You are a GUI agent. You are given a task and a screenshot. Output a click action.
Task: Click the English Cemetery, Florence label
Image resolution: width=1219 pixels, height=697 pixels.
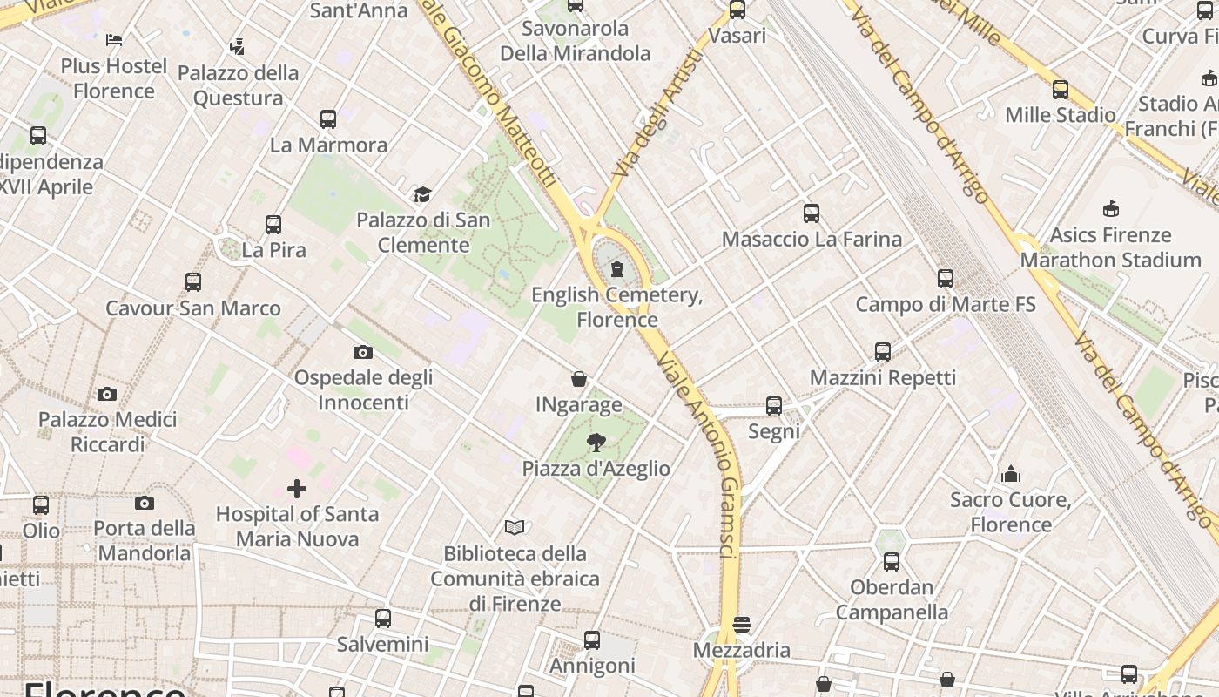[616, 307]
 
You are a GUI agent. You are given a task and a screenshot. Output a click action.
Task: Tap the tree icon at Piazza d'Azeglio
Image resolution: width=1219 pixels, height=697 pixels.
[596, 443]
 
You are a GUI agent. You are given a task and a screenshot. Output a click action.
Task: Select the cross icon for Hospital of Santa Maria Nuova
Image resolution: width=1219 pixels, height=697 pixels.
[297, 489]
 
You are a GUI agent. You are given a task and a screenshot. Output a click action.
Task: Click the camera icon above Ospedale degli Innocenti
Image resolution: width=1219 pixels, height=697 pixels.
[363, 352]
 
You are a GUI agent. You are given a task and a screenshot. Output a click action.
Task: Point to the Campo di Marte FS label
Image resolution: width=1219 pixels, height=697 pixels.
[946, 304]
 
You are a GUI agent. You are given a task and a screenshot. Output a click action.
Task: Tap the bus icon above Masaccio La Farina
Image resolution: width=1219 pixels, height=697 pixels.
[812, 213]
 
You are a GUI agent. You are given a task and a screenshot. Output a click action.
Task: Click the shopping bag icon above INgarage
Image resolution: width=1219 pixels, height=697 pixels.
[579, 379]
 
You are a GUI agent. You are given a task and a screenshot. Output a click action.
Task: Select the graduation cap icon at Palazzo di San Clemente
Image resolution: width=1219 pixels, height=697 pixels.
[422, 194]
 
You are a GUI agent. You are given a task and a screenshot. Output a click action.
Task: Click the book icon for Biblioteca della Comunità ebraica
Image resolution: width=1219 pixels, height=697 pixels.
[515, 527]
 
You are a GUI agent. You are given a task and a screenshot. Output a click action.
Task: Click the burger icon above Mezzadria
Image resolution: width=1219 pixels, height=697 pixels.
[742, 624]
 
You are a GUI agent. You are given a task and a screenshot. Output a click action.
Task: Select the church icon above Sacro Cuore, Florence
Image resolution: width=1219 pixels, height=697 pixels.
[1011, 474]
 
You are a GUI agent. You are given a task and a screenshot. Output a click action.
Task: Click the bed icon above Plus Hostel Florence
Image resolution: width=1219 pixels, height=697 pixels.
[114, 39]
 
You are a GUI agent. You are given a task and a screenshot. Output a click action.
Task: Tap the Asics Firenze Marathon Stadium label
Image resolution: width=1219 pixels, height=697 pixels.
[1110, 247]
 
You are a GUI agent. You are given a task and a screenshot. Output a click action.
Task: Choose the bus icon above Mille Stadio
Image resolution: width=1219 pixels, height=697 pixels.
[1061, 89]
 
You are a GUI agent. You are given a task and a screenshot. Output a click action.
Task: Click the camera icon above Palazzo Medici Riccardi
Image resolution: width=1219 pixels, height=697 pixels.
[107, 394]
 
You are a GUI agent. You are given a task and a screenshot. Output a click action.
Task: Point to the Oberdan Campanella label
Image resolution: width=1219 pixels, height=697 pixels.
[892, 599]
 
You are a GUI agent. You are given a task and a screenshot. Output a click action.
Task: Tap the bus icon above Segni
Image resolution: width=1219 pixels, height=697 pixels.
[774, 406]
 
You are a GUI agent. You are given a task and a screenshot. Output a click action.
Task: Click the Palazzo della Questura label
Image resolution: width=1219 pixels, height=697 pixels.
[238, 85]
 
